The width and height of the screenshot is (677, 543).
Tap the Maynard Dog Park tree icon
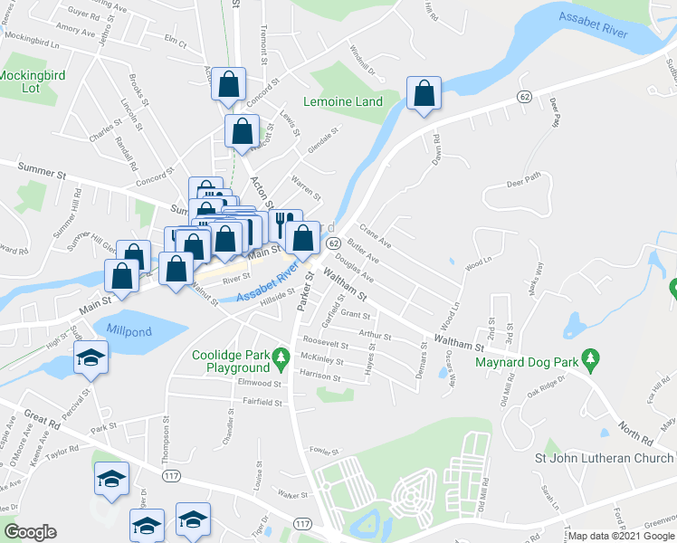pyautogui.click(x=590, y=361)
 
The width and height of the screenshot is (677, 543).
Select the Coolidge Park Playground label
pyautogui.click(x=231, y=361)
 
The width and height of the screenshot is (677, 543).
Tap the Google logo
pyautogui.click(x=31, y=532)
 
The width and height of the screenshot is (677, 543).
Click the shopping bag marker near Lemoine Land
pyautogui.click(x=424, y=92)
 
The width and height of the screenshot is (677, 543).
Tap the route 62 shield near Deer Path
pyautogui.click(x=524, y=96)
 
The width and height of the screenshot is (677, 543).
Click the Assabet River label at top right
pyautogui.click(x=593, y=24)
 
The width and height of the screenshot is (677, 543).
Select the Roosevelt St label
pyautogui.click(x=326, y=345)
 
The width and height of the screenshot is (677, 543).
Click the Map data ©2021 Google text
pyautogui.click(x=621, y=536)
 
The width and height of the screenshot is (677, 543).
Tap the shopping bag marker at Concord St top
pyautogui.click(x=230, y=85)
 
